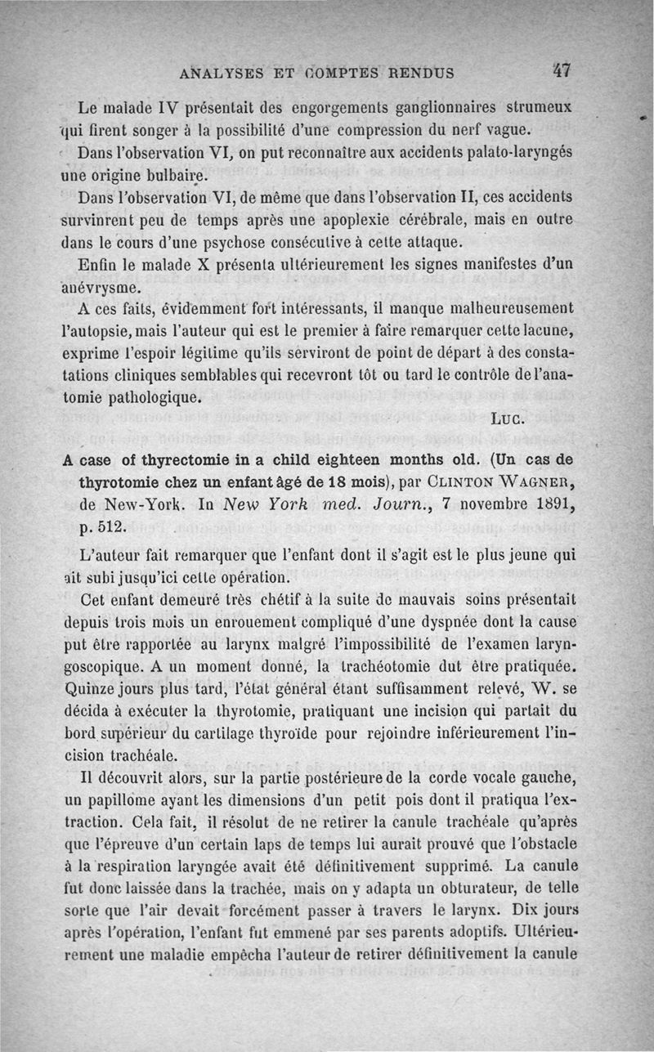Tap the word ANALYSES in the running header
(222, 72)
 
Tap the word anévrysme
(104, 288)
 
